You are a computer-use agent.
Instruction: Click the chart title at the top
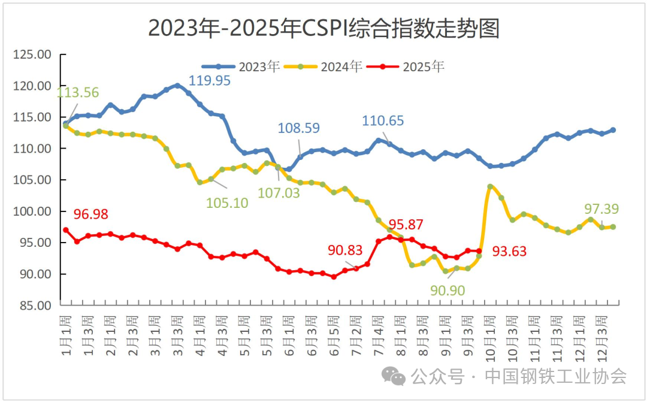323,28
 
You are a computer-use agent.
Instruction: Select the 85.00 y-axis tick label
34,305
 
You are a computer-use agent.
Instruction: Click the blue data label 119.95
209,81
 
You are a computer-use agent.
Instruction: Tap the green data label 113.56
78,92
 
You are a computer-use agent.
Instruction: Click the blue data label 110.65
383,121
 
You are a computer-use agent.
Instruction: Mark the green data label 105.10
227,202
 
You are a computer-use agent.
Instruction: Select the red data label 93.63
509,252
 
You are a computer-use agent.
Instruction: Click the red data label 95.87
406,226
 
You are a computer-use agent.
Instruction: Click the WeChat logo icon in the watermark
394,376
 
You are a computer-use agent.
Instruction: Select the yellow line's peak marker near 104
490,186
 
